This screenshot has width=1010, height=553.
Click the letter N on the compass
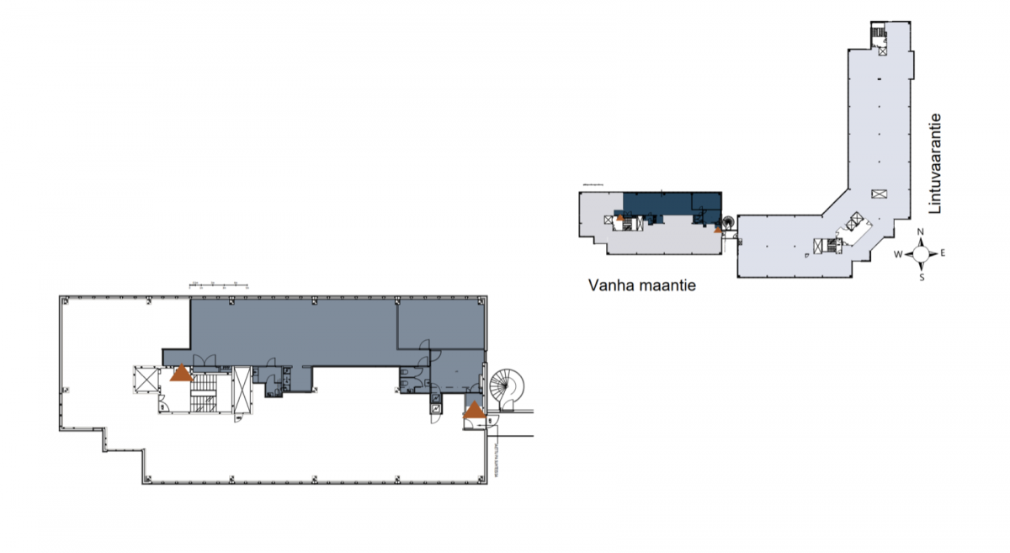click(921, 233)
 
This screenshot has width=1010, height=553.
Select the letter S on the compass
click(922, 275)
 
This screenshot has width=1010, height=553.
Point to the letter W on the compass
click(899, 254)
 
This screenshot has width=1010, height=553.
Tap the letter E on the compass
click(944, 253)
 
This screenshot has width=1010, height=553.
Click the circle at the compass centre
click(922, 253)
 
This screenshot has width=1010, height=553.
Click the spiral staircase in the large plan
click(507, 388)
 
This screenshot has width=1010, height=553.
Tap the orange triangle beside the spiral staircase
click(475, 411)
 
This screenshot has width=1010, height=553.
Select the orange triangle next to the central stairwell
click(180, 372)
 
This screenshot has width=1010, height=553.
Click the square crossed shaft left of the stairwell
click(146, 380)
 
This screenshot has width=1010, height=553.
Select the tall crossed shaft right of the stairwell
click(242, 390)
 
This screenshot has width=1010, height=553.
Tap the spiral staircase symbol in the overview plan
click(726, 223)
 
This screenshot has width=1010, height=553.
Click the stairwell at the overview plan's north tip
click(880, 35)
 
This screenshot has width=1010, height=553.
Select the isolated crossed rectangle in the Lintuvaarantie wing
click(880, 194)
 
